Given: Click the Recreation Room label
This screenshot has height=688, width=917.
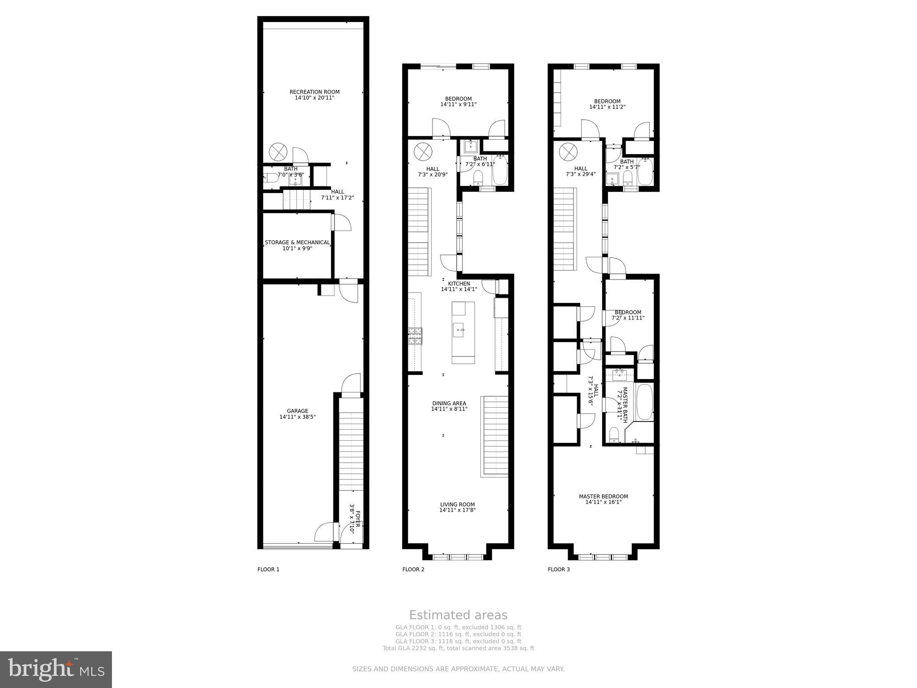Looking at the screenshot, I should point(314,92).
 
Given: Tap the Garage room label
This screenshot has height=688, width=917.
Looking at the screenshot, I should point(298,411).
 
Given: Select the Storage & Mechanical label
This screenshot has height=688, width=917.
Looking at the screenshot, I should point(297,242).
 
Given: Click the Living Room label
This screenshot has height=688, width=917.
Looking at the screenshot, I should point(457,504).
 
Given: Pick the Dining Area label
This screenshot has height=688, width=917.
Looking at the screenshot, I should point(449,403).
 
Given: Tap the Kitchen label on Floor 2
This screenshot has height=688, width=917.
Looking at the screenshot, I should point(459,284).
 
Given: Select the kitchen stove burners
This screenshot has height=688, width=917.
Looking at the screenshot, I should point(415,335).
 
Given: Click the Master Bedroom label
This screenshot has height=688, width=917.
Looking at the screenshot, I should point(603,496).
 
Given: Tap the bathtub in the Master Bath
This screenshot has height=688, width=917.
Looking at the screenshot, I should point(644,401).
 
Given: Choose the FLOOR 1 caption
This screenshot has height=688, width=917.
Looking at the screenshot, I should point(268,569).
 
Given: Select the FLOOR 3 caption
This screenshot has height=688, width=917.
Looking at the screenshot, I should point(559,569).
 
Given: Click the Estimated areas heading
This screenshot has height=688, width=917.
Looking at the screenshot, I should point(458,615).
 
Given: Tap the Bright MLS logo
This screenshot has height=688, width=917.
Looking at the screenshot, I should point(56,669).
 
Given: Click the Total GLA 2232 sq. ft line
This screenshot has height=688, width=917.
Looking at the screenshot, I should point(458,648).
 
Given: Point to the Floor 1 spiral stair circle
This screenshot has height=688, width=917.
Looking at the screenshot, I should point(278,151).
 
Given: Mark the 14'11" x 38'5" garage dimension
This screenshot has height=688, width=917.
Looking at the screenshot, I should point(298,417).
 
